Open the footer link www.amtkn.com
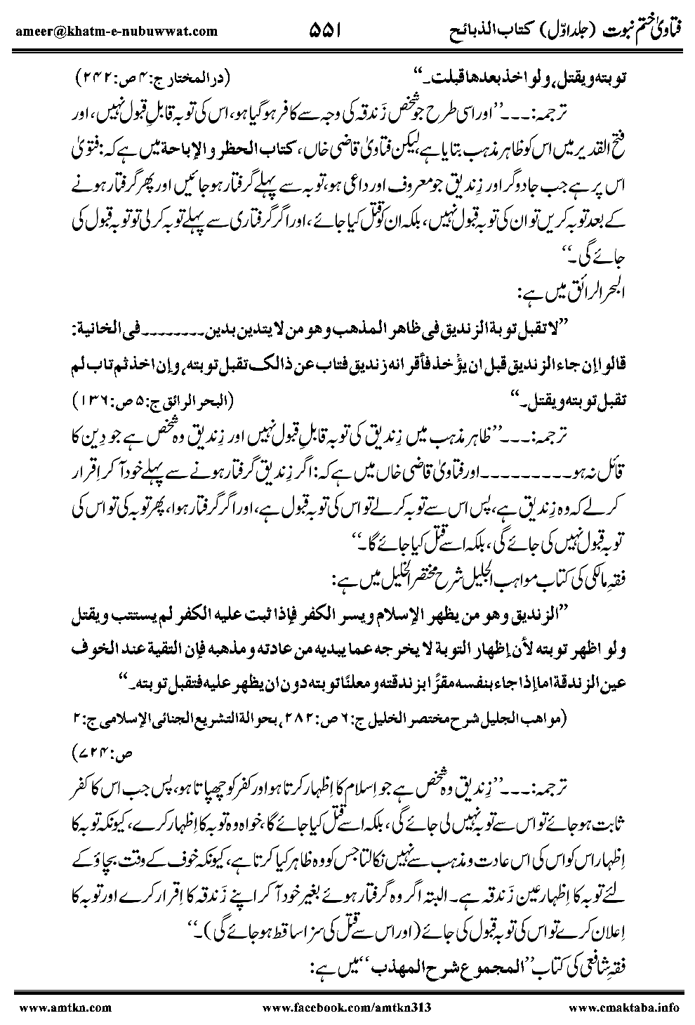coord(47,1006)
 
